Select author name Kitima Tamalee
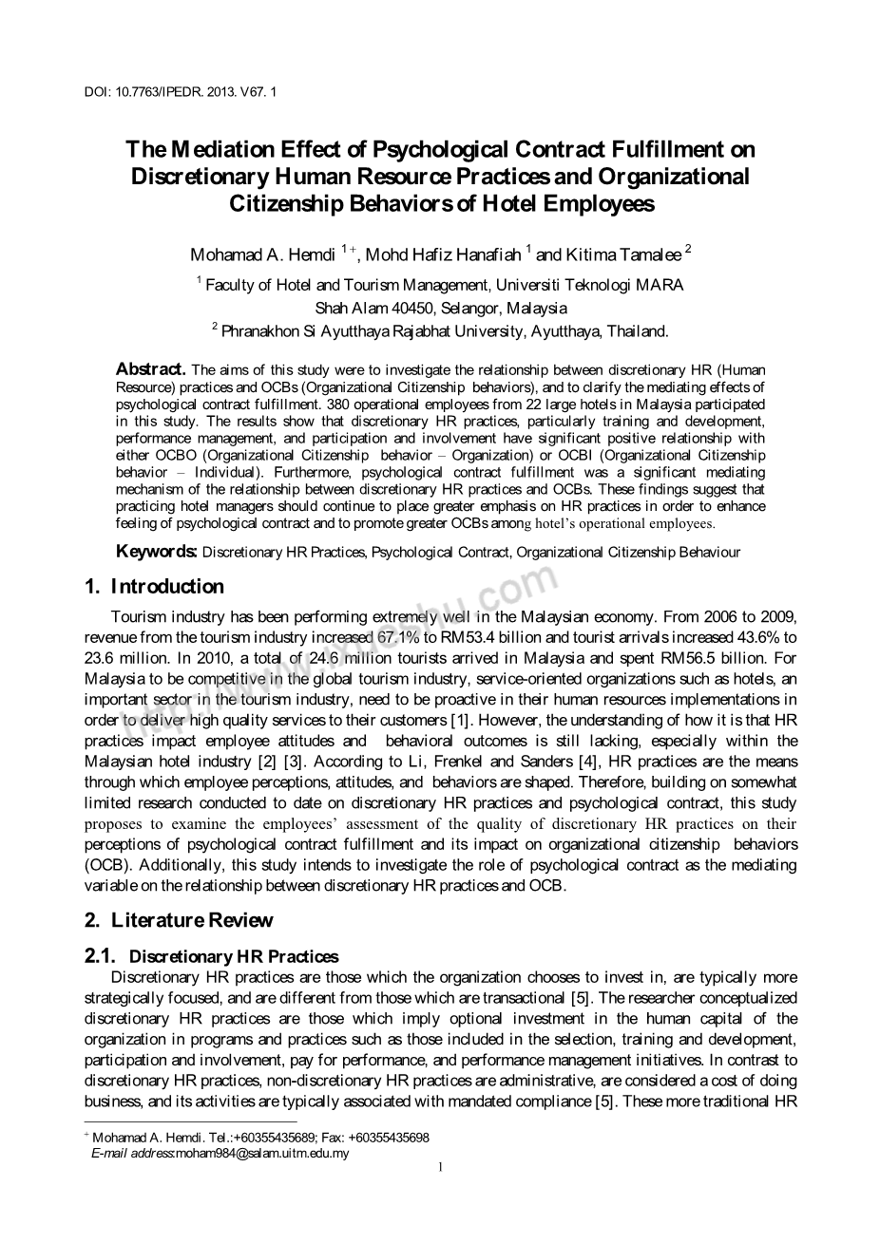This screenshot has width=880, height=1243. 624,254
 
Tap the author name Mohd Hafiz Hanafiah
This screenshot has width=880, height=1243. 444,254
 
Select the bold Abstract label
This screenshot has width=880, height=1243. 150,368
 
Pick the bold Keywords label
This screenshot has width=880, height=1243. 157,552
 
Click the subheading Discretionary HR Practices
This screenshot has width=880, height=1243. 234,957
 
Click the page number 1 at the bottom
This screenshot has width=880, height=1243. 440,1167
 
